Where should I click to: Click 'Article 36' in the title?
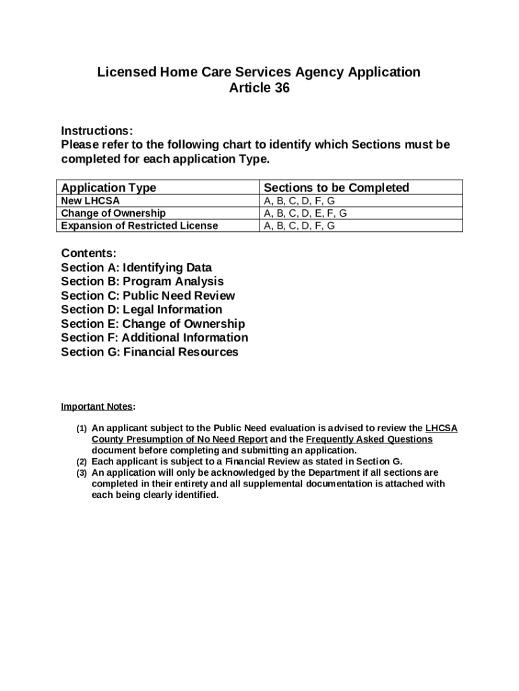pos(259,88)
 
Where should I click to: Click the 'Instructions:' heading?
pos(97,130)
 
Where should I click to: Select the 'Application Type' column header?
pos(109,188)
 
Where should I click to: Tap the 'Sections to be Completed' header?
pos(336,188)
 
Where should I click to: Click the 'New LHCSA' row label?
pos(91,201)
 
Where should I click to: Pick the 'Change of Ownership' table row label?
pos(113,213)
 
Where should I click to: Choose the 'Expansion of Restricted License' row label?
pos(140,225)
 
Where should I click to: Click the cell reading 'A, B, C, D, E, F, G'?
pos(305,213)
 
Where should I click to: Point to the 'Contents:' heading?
pos(89,253)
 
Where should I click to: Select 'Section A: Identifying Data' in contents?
pos(136,267)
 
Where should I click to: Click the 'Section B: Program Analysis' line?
pos(142,281)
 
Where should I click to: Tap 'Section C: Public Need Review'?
pos(148,296)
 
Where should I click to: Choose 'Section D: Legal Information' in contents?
pos(142,310)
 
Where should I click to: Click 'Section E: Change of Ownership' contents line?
pos(153,324)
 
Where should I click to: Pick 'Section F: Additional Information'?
pos(154,337)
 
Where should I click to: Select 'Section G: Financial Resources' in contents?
pos(150,352)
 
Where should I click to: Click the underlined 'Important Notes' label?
pos(97,406)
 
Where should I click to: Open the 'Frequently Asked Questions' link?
pos(369,439)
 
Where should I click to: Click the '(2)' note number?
pos(81,462)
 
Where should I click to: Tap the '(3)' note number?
pos(81,473)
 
